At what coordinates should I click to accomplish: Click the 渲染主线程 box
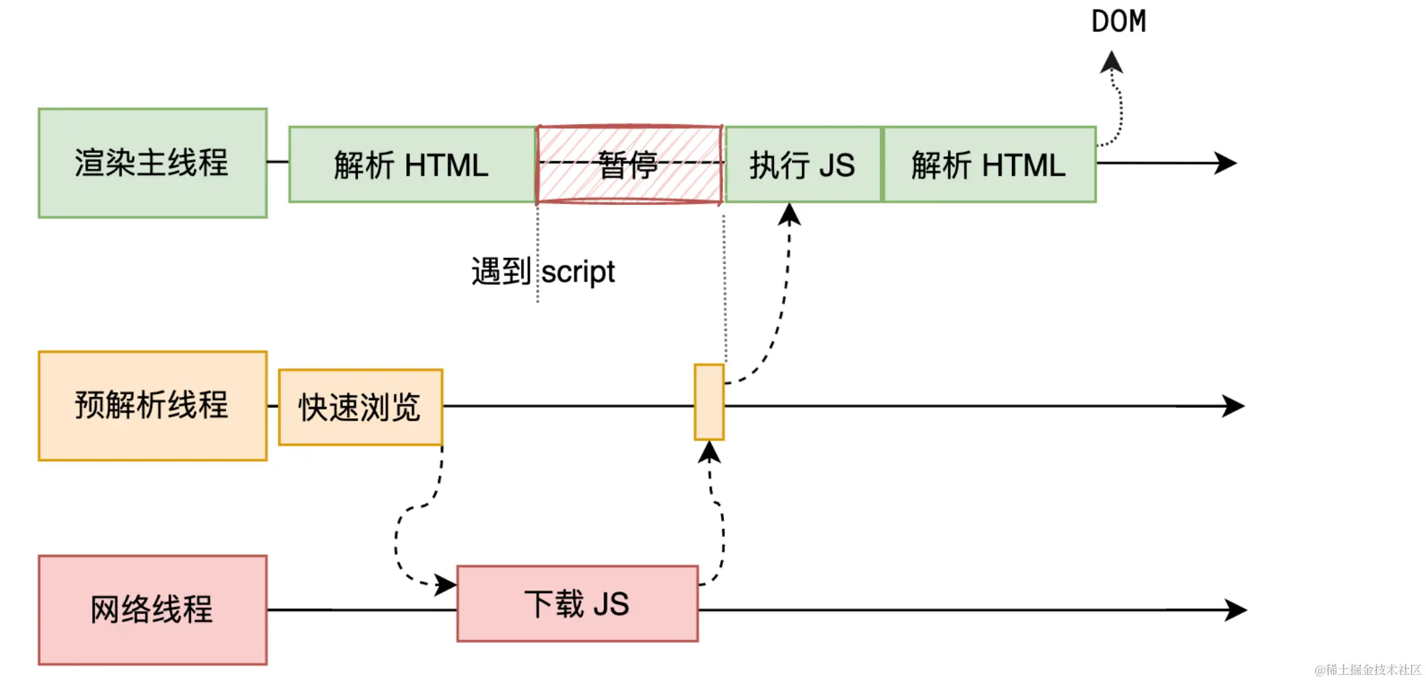click(153, 163)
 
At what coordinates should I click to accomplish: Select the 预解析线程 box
click(153, 406)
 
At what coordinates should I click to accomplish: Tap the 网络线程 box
click(153, 609)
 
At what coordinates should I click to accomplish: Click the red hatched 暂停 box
click(629, 164)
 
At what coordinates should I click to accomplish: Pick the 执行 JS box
click(803, 164)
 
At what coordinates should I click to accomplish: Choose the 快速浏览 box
click(361, 407)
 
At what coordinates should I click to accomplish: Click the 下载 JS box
click(577, 603)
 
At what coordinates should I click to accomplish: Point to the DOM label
click(1118, 21)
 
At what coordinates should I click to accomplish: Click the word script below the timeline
click(578, 272)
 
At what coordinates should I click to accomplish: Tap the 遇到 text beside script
click(501, 271)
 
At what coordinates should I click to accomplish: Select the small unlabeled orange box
click(709, 402)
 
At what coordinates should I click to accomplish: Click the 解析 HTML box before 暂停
click(411, 164)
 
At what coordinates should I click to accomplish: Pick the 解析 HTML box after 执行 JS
click(989, 164)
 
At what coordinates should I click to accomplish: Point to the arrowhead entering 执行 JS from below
click(790, 214)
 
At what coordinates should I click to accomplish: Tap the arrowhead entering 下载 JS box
click(445, 584)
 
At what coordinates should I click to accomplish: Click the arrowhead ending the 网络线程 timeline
click(1236, 610)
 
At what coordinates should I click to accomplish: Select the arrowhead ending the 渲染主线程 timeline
click(1226, 163)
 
